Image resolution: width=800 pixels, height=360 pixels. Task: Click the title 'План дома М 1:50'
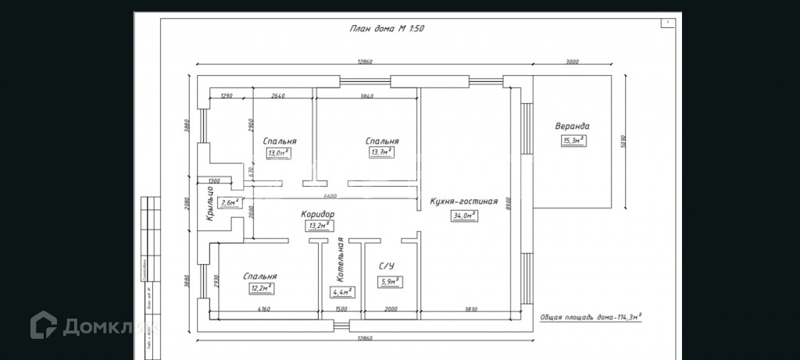[x=387, y=28]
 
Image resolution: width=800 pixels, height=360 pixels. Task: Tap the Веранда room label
[x=572, y=126]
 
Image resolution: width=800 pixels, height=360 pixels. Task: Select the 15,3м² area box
[x=573, y=141]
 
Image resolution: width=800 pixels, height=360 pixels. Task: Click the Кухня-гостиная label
[x=463, y=201]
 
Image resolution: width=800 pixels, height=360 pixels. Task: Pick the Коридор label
[x=318, y=213]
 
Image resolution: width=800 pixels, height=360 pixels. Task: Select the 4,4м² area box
[x=342, y=293]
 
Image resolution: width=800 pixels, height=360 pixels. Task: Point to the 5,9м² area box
[x=389, y=282]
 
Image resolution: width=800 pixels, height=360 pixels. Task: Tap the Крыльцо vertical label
[x=209, y=203]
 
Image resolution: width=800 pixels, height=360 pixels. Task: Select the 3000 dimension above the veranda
[x=572, y=62]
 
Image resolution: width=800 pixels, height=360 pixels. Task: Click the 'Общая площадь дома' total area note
[x=591, y=316]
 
